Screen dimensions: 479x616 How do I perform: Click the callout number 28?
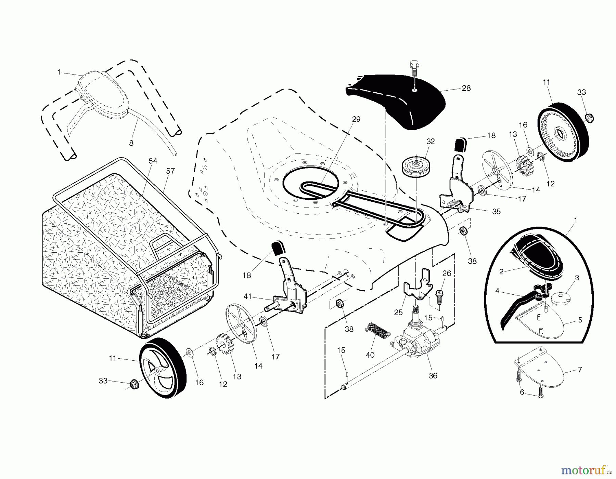point(466,88)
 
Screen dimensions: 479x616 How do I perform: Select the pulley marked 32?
point(416,167)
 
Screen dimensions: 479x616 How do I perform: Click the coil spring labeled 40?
point(378,331)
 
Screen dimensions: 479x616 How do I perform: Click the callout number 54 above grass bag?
point(153,161)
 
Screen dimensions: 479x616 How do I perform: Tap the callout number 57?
point(170,171)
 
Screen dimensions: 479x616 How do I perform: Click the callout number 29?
point(356,119)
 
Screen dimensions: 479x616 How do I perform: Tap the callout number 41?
point(247,296)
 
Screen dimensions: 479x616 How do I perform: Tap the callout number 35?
point(496,212)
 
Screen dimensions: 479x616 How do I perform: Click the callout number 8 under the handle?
point(131,143)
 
